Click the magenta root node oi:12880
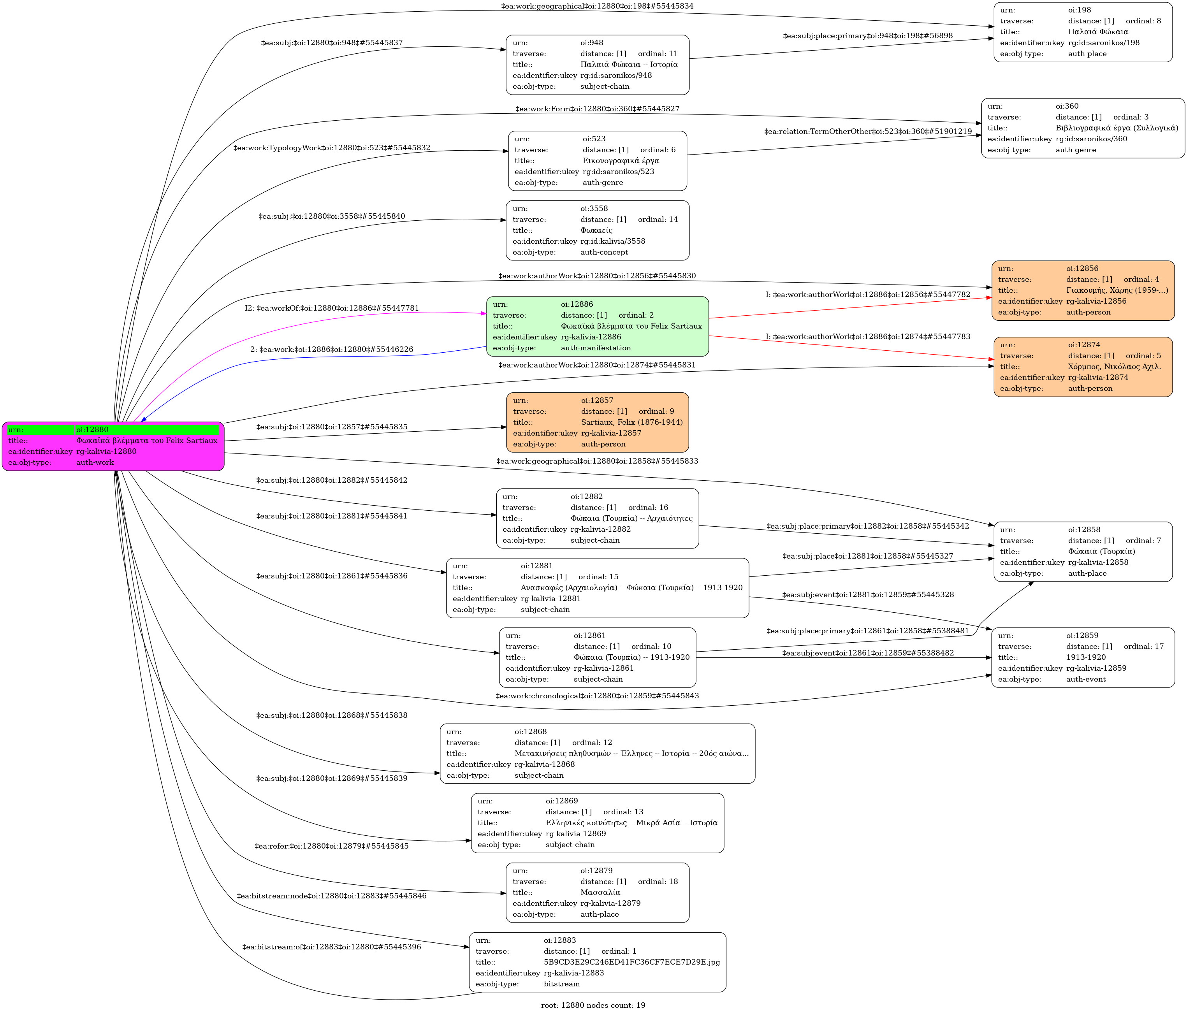coord(113,446)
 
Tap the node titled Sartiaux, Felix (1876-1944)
coord(598,423)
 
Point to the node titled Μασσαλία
coord(598,893)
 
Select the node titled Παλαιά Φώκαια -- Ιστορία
coord(598,65)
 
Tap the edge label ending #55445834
coord(597,6)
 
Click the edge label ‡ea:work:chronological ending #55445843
coord(597,696)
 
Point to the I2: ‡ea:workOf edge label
coord(332,308)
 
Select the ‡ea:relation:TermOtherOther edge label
coord(868,132)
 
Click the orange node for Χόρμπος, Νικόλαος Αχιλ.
coord(1083,367)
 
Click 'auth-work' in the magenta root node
coord(95,463)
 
